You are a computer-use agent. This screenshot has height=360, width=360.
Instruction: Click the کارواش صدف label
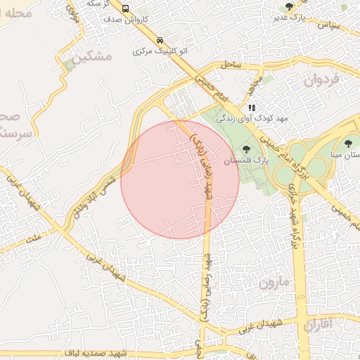coord(124,20)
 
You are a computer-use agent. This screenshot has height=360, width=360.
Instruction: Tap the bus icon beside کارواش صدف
coord(125,9)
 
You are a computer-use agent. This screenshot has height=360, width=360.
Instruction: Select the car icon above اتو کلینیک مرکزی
coord(160,40)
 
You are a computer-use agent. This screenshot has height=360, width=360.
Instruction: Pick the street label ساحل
coord(231,65)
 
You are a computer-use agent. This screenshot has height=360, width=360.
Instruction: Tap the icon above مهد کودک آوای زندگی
coord(252,108)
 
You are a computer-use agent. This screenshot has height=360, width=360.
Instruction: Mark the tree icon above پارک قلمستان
coord(246,148)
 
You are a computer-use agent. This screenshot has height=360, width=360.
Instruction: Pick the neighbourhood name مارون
coord(274,284)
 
